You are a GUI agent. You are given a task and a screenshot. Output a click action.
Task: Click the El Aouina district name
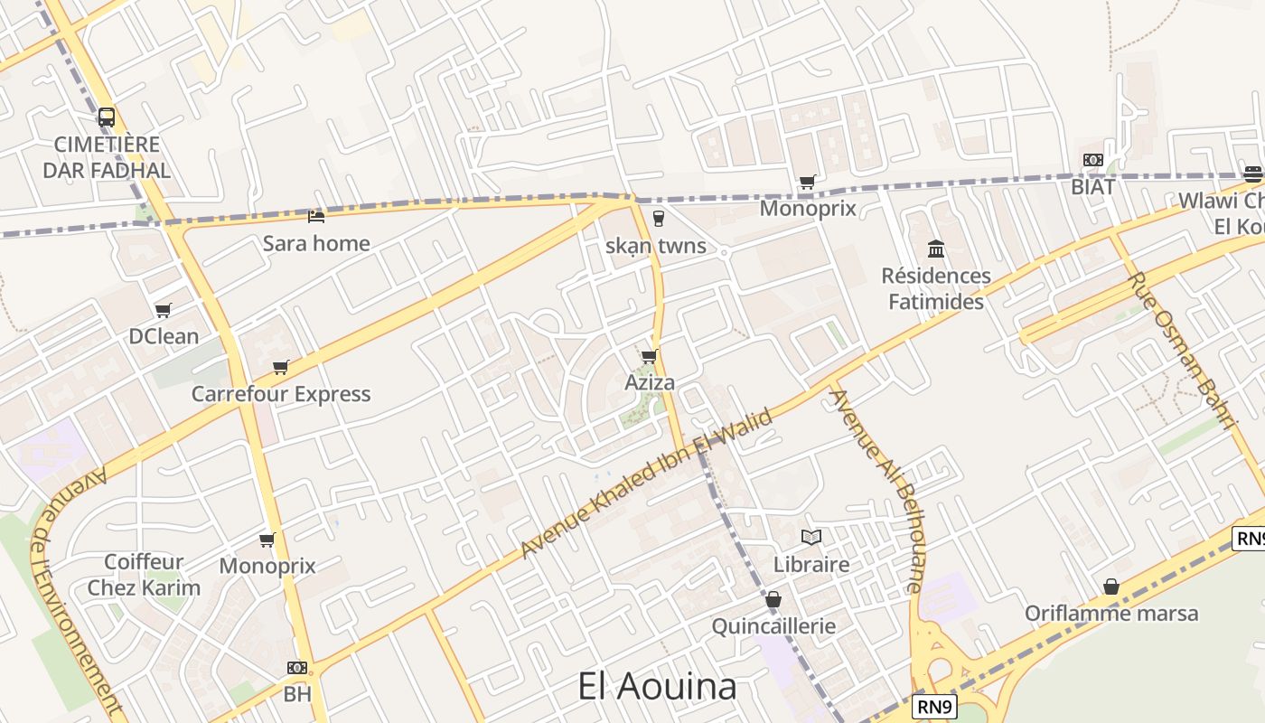657,687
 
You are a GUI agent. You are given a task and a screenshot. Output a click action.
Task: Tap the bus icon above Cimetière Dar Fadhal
107,117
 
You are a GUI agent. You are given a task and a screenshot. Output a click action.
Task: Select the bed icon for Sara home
316,216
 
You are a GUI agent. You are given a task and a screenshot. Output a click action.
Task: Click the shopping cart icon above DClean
164,310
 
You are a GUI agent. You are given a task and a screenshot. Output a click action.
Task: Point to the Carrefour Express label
281,394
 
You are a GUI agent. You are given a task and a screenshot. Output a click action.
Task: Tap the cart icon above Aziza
650,356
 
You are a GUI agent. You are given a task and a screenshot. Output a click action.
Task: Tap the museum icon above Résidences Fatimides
936,249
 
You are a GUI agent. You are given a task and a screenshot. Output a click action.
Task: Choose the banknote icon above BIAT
1092,160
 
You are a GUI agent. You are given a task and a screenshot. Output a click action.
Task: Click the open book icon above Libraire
811,538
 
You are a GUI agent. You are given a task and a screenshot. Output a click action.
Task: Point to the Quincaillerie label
773,625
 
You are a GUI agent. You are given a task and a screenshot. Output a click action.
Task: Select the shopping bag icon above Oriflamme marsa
1111,587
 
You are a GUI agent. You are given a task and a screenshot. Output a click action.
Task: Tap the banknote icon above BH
296,668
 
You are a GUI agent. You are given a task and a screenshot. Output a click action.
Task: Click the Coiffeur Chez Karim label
144,575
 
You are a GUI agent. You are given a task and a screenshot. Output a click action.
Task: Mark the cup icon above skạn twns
657,218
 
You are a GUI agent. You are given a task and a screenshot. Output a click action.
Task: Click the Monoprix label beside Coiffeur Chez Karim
267,566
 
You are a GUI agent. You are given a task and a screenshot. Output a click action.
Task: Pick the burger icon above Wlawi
1252,174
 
